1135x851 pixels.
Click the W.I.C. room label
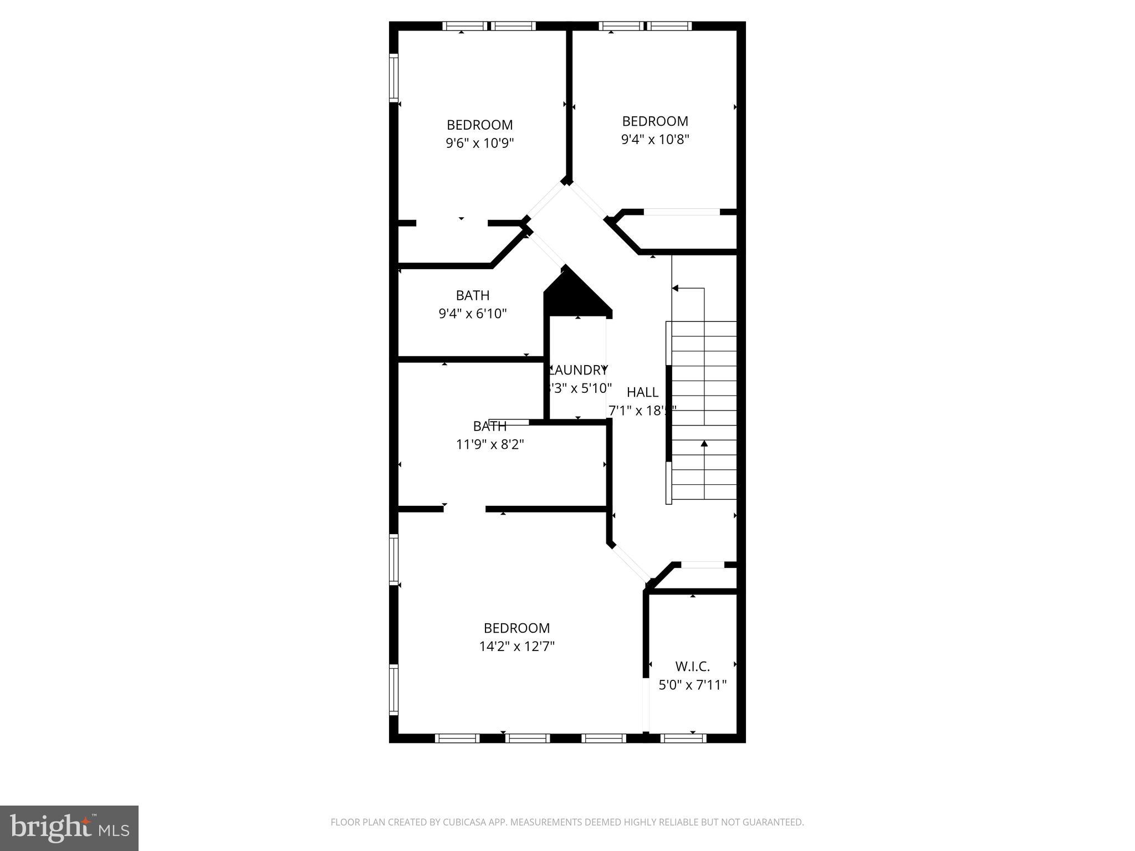coord(692,667)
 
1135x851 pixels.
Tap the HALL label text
coord(642,392)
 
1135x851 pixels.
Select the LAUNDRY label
coord(579,370)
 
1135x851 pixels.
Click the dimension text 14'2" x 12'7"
coord(517,646)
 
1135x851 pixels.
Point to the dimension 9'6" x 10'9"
coord(480,143)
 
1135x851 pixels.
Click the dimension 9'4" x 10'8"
coord(655,139)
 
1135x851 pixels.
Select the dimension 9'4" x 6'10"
coord(473,314)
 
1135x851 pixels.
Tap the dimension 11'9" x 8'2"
coord(490,444)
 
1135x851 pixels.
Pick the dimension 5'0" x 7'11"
coord(692,685)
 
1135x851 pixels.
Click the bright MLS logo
coord(69,828)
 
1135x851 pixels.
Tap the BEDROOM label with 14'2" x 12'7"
coord(517,628)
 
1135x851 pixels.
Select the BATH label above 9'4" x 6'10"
coord(473,295)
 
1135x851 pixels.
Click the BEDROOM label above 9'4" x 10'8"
coord(655,121)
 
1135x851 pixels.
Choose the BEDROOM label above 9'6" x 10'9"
coord(480,125)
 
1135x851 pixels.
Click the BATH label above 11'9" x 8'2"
coord(490,426)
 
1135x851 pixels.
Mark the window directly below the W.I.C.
coord(684,738)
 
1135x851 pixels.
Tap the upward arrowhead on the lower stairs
coord(704,443)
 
